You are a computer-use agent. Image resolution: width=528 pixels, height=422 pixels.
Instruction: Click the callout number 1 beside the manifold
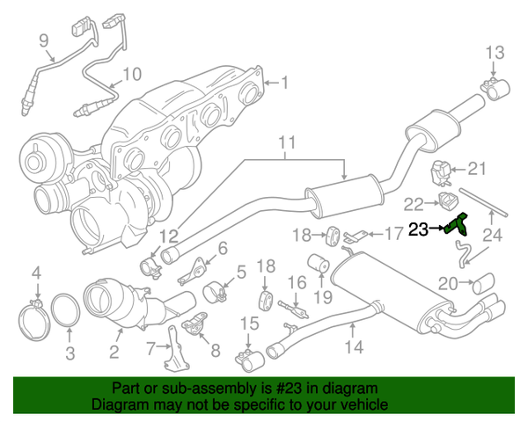283,84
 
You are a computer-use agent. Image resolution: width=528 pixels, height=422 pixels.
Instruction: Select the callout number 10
132,74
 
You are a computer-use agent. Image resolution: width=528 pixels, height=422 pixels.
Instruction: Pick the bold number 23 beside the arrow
420,229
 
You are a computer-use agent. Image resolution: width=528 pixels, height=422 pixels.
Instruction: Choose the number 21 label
476,169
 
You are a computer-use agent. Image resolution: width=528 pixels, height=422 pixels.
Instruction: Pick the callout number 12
168,236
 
